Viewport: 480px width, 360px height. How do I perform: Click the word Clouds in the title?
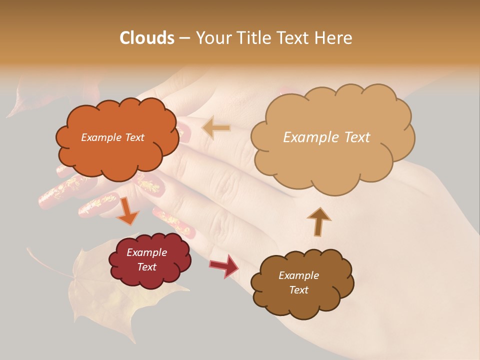[x=147, y=38]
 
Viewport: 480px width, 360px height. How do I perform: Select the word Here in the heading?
[x=334, y=38]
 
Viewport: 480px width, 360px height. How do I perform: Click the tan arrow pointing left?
[x=216, y=128]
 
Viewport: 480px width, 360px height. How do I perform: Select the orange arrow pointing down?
[x=128, y=211]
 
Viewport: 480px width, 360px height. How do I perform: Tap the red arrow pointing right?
[x=224, y=265]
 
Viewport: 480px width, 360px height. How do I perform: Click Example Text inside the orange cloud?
[x=112, y=137]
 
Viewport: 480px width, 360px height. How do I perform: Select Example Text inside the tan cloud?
[x=326, y=137]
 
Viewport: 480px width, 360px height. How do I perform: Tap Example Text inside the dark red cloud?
[x=147, y=259]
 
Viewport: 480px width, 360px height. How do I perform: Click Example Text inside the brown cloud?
[x=298, y=282]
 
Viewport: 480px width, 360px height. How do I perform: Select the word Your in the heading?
[x=213, y=38]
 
